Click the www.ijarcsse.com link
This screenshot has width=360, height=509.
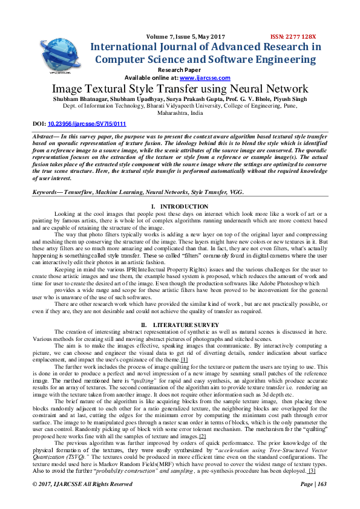point(205,78)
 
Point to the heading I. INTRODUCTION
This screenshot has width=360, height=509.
point(180,207)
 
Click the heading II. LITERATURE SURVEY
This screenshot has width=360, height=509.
point(180,325)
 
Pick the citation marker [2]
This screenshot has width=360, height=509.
point(203,436)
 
